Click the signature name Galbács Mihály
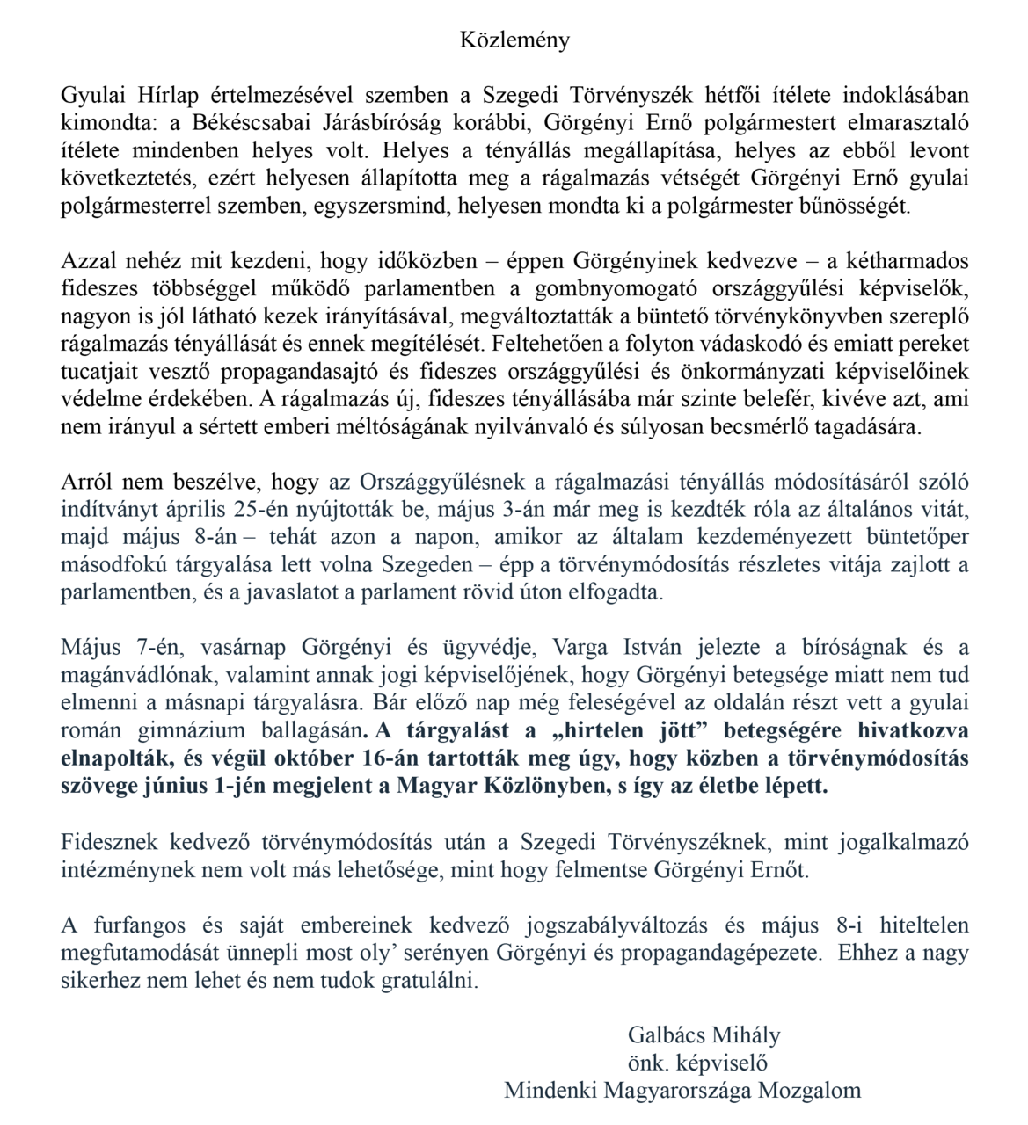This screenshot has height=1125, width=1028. coord(704,1034)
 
